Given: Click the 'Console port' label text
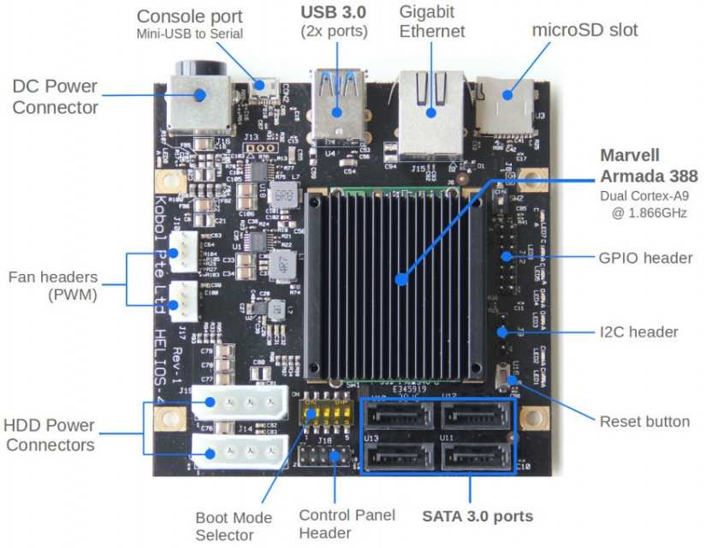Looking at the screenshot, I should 189,16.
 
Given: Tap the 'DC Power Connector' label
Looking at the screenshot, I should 55,96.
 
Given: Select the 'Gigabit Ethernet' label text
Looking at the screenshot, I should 432,21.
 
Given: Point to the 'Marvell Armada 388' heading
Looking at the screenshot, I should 648,165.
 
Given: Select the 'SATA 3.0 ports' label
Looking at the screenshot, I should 478,515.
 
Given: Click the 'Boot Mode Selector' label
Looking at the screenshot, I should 234,526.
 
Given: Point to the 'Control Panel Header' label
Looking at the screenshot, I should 347,523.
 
